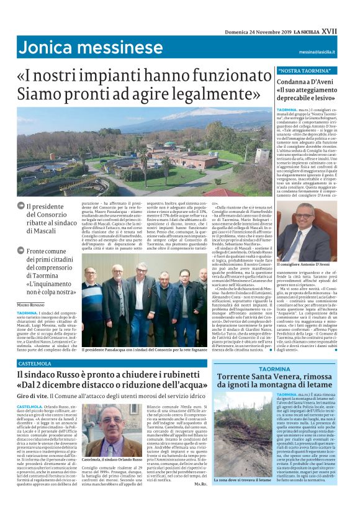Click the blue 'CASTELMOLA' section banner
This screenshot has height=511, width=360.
tap(35, 363)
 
